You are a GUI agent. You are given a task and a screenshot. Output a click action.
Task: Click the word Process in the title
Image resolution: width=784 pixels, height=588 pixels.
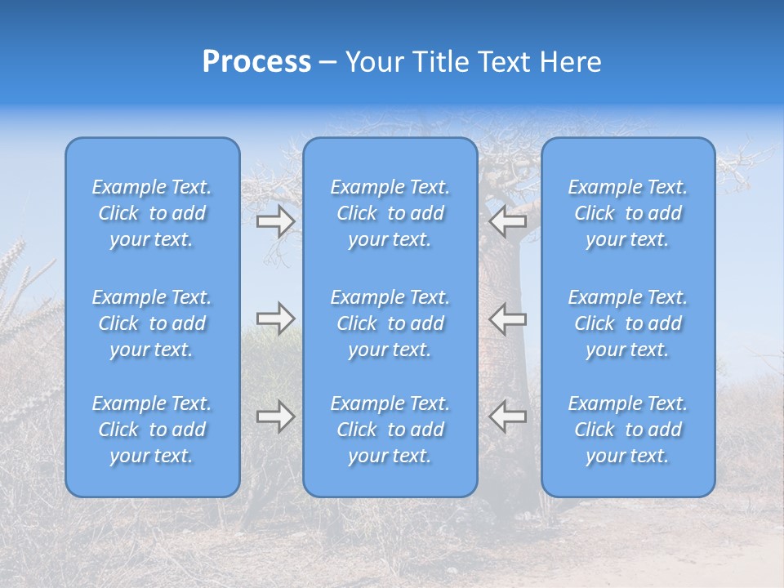(x=256, y=62)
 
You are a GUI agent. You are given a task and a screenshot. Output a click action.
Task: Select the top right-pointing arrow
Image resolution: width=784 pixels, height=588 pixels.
(x=276, y=221)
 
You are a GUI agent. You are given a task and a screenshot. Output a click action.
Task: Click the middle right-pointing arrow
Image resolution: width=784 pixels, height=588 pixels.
(x=276, y=318)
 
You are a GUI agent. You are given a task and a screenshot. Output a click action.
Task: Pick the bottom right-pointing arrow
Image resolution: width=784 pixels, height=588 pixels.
(x=276, y=416)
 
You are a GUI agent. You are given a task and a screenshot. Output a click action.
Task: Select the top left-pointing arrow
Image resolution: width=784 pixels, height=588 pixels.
(x=507, y=221)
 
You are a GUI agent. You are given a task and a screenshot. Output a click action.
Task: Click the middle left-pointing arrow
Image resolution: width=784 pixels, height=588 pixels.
(x=507, y=318)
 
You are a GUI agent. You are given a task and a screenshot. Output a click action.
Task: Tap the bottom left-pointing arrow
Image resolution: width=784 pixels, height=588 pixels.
(x=507, y=416)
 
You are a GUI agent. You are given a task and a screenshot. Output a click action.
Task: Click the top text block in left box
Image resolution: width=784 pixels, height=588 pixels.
(x=152, y=213)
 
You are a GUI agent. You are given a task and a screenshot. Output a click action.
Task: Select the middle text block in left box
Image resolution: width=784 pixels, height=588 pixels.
(x=152, y=323)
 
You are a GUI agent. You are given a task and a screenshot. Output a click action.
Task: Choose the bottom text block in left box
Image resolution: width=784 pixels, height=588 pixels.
(x=152, y=430)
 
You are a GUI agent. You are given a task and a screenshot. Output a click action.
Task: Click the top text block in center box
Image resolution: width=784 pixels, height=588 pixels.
(x=390, y=213)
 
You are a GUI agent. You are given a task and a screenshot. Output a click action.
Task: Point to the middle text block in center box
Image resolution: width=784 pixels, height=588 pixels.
(x=390, y=323)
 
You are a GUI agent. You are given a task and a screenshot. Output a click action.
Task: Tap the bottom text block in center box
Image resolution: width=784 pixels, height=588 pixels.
(x=390, y=430)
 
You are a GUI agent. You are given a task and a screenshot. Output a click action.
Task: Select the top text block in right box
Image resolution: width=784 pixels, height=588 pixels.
(x=628, y=213)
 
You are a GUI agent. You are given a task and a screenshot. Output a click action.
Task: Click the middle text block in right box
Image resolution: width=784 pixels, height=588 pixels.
(x=628, y=323)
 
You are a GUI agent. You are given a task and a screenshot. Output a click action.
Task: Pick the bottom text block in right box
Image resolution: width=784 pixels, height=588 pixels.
(x=628, y=430)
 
